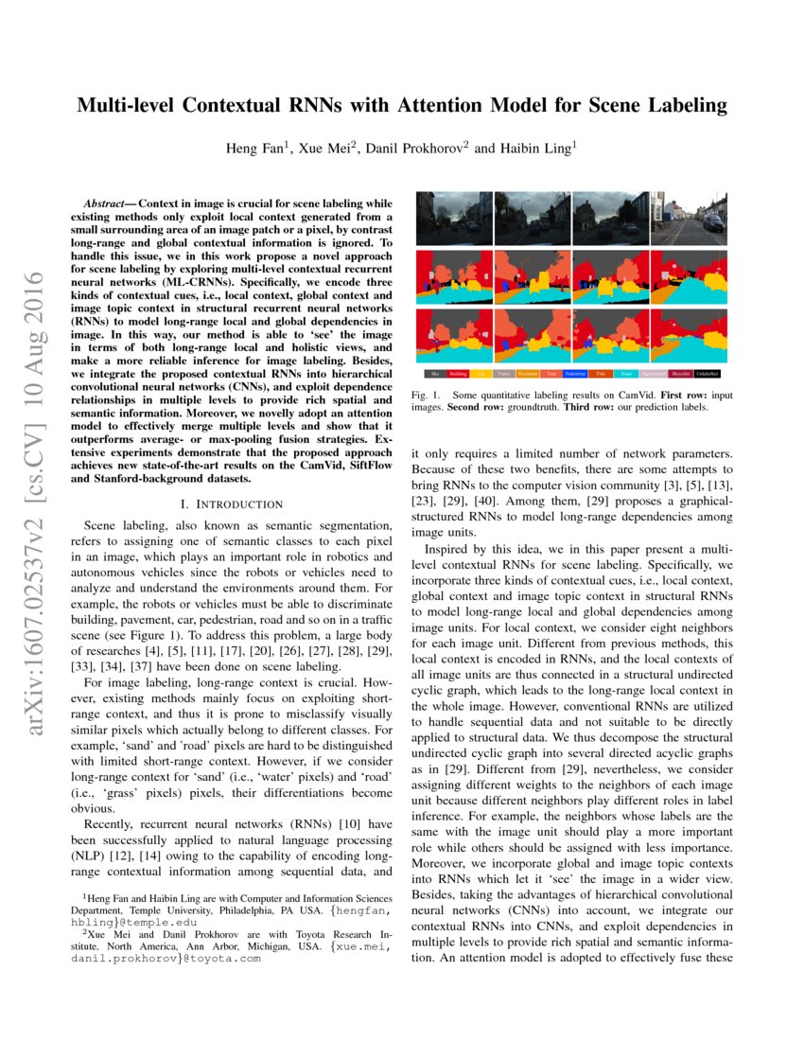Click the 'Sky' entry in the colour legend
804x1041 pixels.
(434, 375)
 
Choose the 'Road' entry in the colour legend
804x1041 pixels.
(628, 375)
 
